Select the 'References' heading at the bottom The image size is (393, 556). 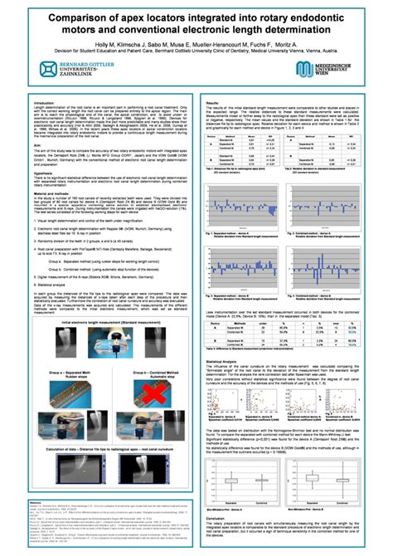36,503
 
